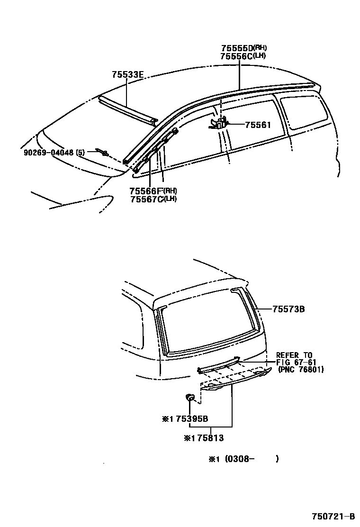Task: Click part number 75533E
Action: click(127, 74)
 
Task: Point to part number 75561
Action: click(258, 125)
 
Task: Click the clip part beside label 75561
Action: click(219, 124)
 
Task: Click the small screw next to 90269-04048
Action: click(103, 152)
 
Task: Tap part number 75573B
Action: click(288, 309)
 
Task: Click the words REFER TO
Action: click(294, 355)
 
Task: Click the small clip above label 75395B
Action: click(189, 397)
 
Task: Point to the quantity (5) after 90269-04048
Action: click(81, 153)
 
